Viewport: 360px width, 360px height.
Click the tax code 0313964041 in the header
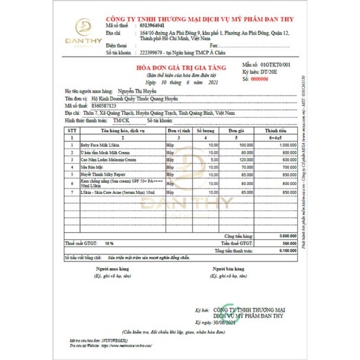[x=149, y=26]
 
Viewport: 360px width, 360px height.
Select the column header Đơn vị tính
[x=179, y=130]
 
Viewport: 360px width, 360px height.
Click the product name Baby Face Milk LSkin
[x=100, y=145]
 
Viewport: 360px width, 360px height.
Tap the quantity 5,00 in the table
[x=213, y=160]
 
